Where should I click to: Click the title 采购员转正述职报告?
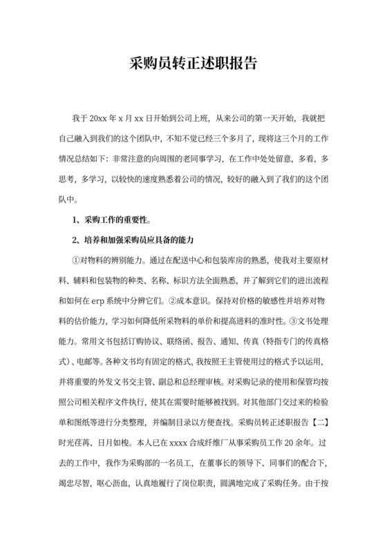pyautogui.click(x=193, y=64)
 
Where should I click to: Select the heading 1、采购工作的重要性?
pyautogui.click(x=112, y=220)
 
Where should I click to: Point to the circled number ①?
pyautogui.click(x=77, y=260)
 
